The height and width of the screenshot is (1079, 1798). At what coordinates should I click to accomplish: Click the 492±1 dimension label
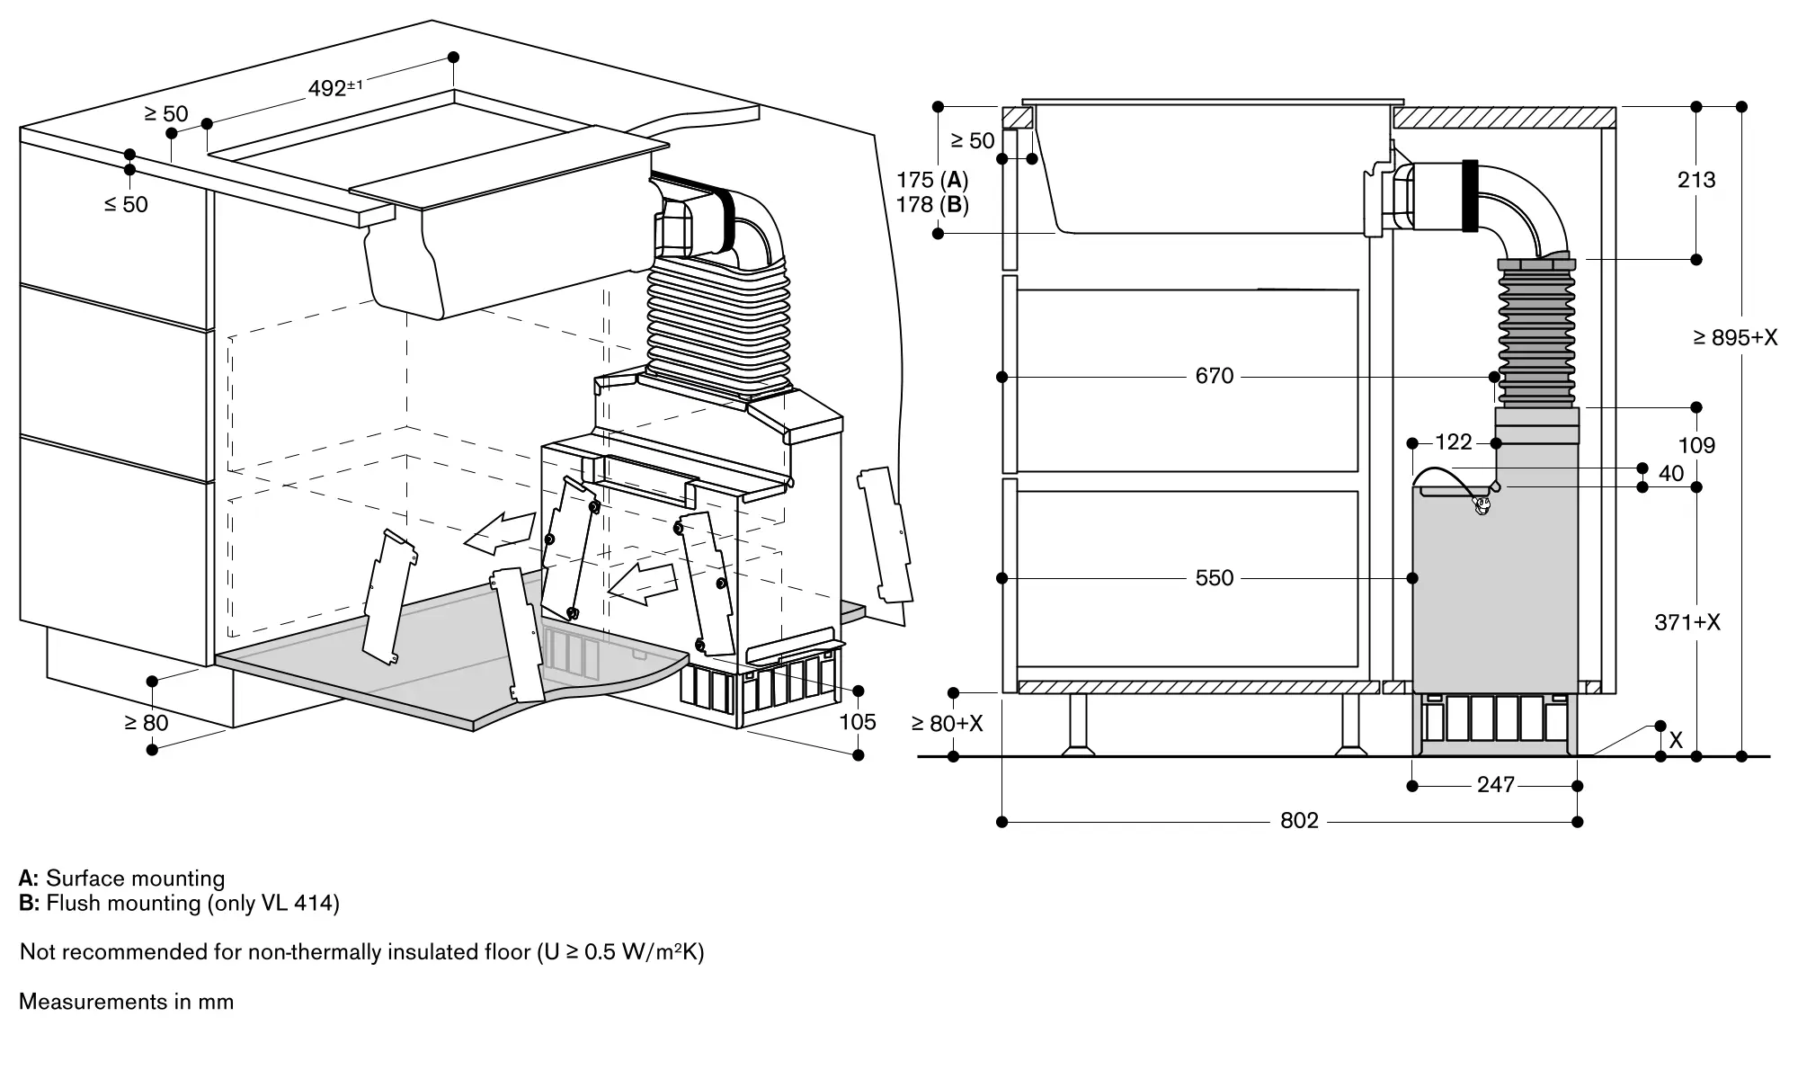point(334,88)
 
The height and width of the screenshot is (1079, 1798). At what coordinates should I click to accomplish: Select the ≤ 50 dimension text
point(126,205)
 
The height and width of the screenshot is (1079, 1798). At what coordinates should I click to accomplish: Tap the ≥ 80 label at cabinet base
point(146,722)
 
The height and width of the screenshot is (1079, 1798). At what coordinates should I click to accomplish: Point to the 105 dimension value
point(857,722)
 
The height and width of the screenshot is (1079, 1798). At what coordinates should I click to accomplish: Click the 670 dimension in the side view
point(1214,376)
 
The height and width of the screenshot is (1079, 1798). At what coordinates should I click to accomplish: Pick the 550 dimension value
point(1214,578)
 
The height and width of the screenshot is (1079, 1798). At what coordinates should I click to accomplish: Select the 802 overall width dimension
point(1299,821)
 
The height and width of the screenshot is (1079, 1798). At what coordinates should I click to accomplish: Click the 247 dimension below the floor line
point(1495,786)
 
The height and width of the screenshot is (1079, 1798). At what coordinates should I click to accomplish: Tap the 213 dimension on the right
point(1696,181)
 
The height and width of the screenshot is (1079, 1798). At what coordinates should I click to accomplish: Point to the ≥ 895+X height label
point(1735,338)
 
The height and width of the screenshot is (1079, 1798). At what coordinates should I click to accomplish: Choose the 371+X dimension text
point(1687,622)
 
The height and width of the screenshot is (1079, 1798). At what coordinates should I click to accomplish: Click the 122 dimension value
point(1453,442)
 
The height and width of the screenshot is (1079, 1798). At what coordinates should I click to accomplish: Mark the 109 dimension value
point(1696,446)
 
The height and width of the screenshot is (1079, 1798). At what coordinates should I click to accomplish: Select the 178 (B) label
point(932,205)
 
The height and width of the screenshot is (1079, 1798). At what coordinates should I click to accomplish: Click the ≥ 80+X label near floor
point(947,724)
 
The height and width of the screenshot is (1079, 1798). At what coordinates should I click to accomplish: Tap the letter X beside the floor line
point(1676,741)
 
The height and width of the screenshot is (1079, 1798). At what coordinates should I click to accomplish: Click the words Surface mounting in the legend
point(135,878)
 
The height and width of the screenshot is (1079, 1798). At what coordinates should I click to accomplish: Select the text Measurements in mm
point(126,1002)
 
